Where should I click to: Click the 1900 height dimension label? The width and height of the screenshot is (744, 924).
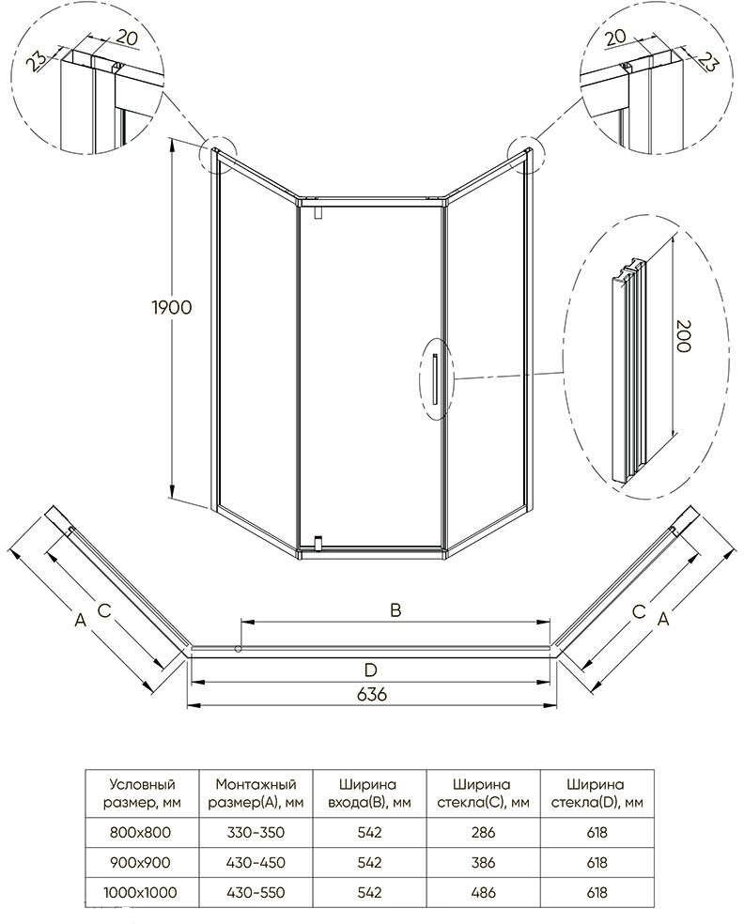[172, 307]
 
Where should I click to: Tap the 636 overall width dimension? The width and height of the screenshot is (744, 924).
[373, 694]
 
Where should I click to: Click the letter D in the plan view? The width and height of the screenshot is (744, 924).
[370, 670]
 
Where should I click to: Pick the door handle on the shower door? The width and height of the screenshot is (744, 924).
[435, 379]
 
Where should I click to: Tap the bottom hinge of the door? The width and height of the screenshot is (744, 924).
[318, 542]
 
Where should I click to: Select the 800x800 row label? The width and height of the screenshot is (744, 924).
[140, 832]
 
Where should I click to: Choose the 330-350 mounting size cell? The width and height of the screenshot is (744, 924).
[256, 832]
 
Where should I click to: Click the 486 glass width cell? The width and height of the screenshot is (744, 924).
[483, 893]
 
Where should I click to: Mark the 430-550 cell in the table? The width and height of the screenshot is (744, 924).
[256, 893]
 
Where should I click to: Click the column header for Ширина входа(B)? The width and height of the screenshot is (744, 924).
[368, 793]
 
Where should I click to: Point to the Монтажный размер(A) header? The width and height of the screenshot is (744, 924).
[256, 793]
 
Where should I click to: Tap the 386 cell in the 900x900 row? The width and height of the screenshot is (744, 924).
[483, 863]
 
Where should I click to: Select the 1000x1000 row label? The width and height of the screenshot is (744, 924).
[140, 893]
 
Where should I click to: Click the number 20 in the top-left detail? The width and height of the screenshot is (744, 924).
[126, 38]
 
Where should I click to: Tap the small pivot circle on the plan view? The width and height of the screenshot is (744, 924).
[238, 649]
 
